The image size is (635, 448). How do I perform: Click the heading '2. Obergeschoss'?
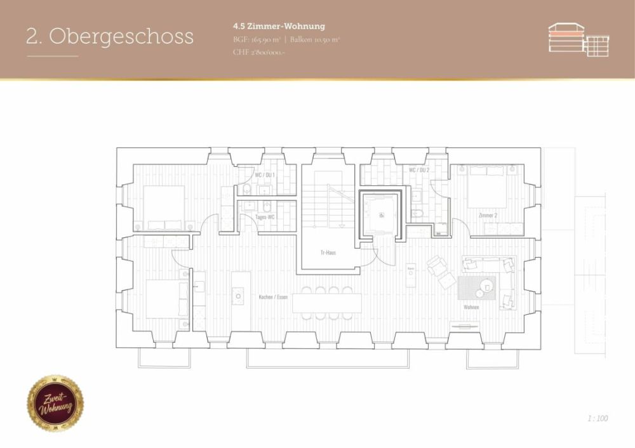click(x=109, y=36)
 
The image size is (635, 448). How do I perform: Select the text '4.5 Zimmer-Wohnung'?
click(x=279, y=26)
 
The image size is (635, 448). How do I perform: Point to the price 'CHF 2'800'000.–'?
click(x=259, y=52)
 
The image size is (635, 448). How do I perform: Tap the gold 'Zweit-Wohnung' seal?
click(x=55, y=403)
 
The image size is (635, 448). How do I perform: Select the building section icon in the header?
click(x=578, y=39)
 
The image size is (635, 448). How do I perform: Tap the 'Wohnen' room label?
click(x=471, y=306)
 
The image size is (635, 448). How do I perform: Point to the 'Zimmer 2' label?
click(x=487, y=216)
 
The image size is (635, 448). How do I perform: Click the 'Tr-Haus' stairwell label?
click(x=328, y=252)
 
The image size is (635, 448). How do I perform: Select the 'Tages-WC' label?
click(x=265, y=217)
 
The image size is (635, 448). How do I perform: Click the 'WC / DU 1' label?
click(x=265, y=175)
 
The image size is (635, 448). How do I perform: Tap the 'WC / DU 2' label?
click(x=419, y=170)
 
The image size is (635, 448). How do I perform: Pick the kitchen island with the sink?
click(x=238, y=288)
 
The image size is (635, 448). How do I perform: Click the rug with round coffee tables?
click(x=479, y=287)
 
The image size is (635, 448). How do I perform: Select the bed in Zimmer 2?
click(x=487, y=186)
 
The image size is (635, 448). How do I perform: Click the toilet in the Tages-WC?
click(x=267, y=206)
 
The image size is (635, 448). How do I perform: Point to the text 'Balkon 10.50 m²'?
click(x=315, y=39)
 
